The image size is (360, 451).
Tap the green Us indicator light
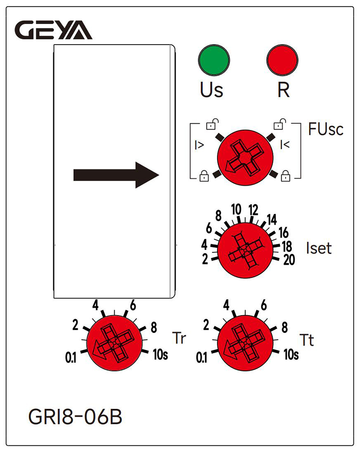(214, 60)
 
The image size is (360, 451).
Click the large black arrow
(116, 175)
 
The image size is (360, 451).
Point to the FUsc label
(325, 130)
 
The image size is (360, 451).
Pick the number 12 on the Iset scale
(254, 210)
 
